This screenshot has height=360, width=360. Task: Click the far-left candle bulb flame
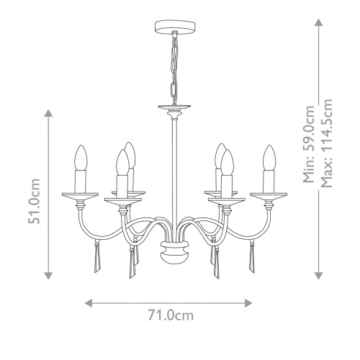click(81, 156)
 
